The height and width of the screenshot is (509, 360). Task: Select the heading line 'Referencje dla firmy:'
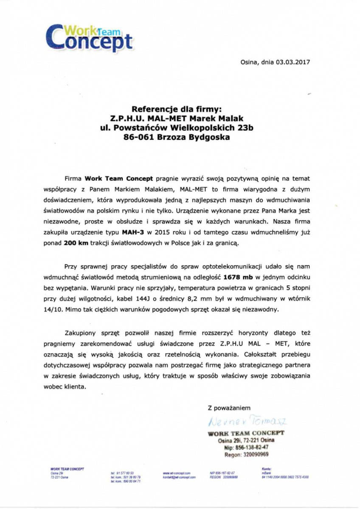pos(180,109)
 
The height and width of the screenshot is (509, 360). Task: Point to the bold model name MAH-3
pos(132,232)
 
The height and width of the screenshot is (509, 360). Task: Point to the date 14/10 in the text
pos(73,310)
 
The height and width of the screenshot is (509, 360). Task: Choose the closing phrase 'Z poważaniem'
pos(226,408)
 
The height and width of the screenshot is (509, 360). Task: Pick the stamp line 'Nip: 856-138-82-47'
pos(246,447)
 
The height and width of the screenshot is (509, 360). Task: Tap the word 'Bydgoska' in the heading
pos(208,137)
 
